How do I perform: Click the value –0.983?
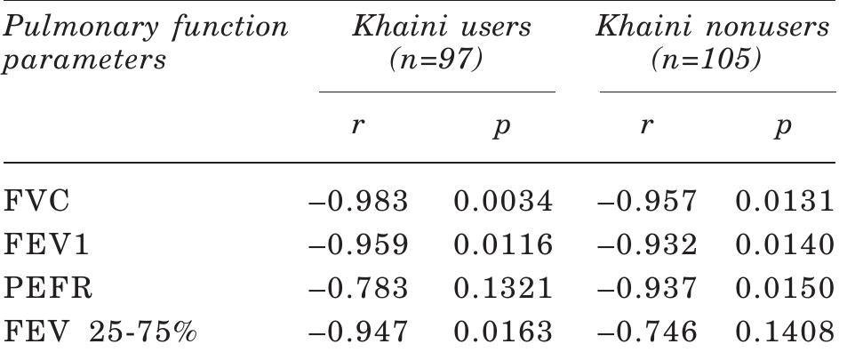pyautogui.click(x=357, y=203)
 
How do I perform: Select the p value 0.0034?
pyautogui.click(x=503, y=203)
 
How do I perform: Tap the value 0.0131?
pyautogui.click(x=785, y=203)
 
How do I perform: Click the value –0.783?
pyautogui.click(x=357, y=290)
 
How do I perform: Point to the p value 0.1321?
pyautogui.click(x=503, y=290)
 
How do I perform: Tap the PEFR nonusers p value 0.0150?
pyautogui.click(x=785, y=290)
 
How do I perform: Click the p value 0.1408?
pyautogui.click(x=785, y=333)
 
